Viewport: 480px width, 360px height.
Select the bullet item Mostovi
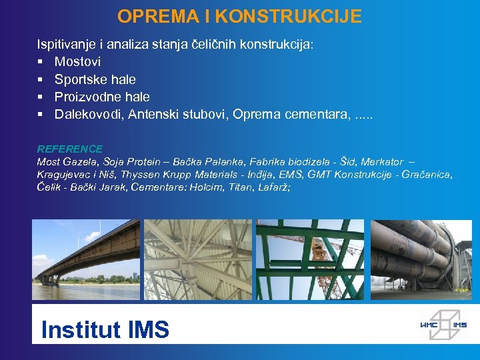pyautogui.click(x=77, y=62)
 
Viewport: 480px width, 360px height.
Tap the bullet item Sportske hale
pyautogui.click(x=95, y=79)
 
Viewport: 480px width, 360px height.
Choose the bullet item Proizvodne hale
pyautogui.click(x=102, y=97)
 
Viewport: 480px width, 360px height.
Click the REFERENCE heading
pyautogui.click(x=70, y=149)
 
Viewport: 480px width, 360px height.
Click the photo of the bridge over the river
pyautogui.click(x=86, y=259)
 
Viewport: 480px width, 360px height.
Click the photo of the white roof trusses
pyautogui.click(x=197, y=259)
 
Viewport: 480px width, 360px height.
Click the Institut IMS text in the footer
pyautogui.click(x=105, y=329)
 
